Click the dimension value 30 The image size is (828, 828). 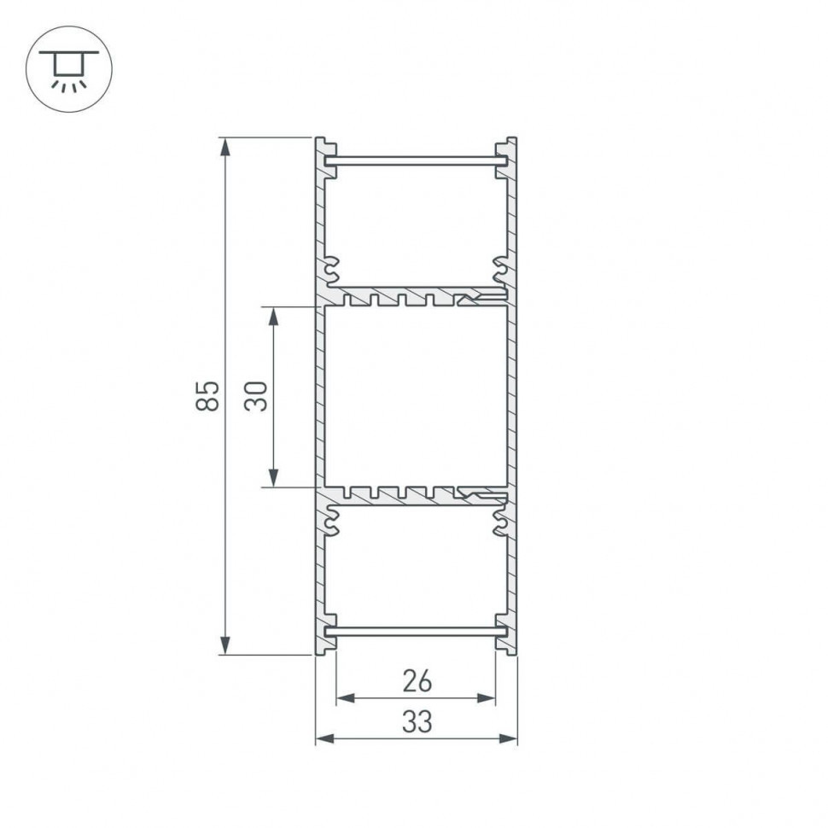(256, 396)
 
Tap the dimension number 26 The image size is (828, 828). (417, 681)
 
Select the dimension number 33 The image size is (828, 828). (417, 722)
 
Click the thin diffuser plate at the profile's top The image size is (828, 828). (417, 160)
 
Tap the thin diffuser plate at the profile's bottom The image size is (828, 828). (417, 632)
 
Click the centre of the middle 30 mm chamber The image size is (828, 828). (417, 396)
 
